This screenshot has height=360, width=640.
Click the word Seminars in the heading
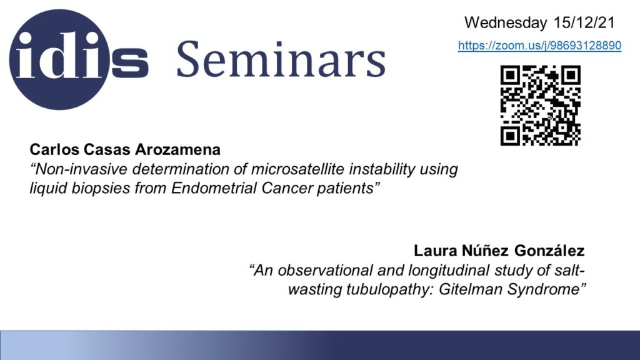click(x=281, y=59)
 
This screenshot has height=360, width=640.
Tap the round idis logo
click(x=60, y=59)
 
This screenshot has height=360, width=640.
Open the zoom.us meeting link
click(x=539, y=45)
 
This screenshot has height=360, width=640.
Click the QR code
click(x=541, y=105)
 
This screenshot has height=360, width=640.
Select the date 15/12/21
click(x=584, y=22)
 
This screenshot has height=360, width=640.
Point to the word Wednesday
click(x=506, y=23)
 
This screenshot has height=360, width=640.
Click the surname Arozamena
click(x=177, y=149)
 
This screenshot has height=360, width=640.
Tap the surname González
click(x=549, y=250)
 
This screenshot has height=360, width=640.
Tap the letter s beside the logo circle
click(x=129, y=62)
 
